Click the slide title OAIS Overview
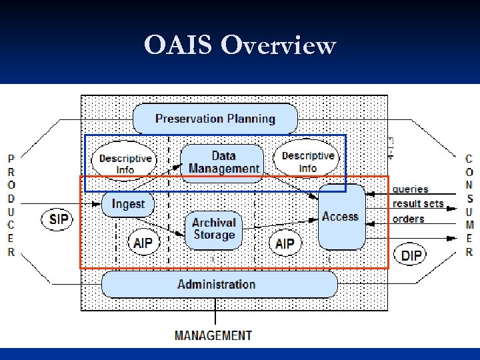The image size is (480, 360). (240, 46)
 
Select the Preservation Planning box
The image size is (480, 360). (215, 119)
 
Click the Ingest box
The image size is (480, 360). (128, 203)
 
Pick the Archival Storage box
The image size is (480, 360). (213, 229)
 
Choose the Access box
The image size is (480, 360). (341, 217)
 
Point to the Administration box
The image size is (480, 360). (217, 284)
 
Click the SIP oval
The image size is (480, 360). (59, 219)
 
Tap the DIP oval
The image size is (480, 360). (411, 254)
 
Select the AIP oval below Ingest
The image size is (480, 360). (143, 243)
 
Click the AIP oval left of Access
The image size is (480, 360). (285, 243)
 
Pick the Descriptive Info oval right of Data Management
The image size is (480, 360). (308, 161)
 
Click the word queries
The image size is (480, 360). (411, 189)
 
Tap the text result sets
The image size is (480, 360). (418, 204)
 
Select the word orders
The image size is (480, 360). (409, 219)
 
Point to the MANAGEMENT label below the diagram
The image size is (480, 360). (213, 335)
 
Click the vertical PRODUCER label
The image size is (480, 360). (11, 206)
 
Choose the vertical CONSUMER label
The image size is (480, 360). (469, 206)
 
